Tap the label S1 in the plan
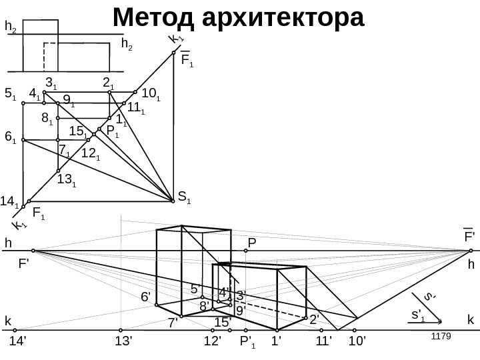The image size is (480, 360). tap(185, 197)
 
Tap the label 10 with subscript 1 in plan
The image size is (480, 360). tap(151, 92)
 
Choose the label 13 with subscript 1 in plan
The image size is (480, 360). tap(66, 178)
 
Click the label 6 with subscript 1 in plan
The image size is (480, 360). tap(11, 137)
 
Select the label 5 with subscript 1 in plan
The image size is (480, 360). tap(11, 95)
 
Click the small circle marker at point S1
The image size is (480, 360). tap(173, 197)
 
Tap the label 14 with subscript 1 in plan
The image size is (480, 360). tap(9, 199)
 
